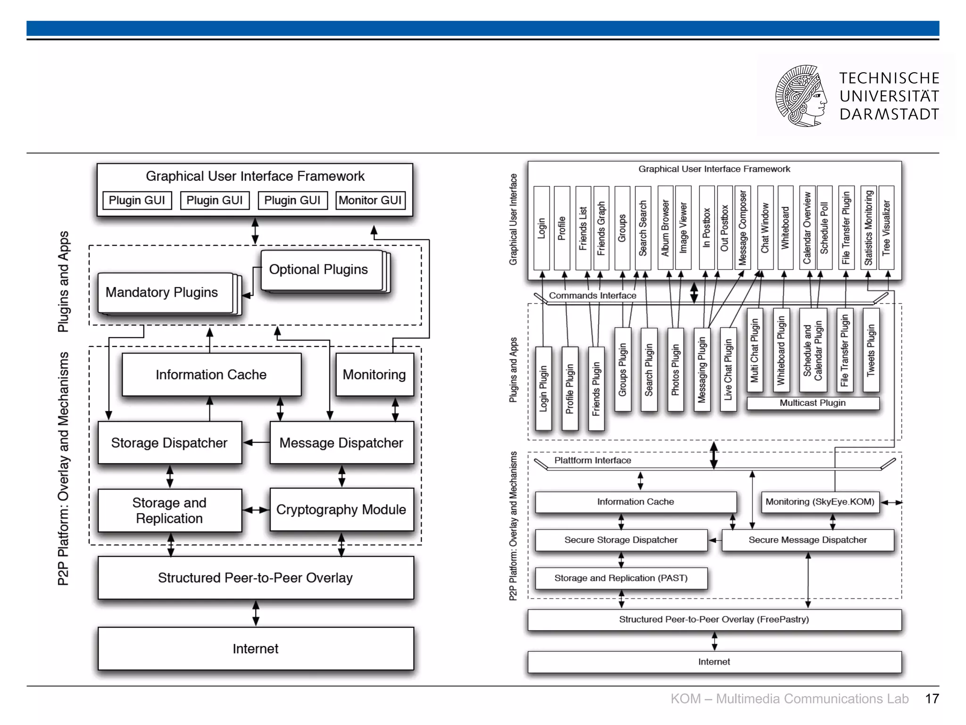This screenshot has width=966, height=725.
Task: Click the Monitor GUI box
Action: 370,200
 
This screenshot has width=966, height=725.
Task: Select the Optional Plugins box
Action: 321,270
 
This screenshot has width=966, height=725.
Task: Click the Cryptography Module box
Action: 341,510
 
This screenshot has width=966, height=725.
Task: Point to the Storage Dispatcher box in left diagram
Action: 169,443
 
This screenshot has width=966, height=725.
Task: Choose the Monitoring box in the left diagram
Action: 374,375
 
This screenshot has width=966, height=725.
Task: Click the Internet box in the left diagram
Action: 255,649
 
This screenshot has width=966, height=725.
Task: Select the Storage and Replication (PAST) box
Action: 621,578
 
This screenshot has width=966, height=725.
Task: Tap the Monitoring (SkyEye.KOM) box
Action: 820,502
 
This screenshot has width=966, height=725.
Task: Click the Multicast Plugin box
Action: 812,403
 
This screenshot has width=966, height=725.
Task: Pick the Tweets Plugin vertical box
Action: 871,350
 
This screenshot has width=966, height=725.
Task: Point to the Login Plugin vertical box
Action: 543,388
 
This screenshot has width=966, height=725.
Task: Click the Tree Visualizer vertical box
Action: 886,228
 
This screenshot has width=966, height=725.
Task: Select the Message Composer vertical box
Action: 743,228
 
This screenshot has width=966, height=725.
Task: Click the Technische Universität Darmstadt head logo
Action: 801,96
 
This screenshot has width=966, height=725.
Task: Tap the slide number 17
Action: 932,699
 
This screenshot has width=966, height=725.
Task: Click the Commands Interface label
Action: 592,295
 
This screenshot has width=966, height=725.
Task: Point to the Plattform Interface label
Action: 592,460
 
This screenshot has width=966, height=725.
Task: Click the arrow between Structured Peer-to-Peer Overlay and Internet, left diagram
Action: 256,613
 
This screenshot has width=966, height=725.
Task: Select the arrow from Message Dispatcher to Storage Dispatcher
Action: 256,443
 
